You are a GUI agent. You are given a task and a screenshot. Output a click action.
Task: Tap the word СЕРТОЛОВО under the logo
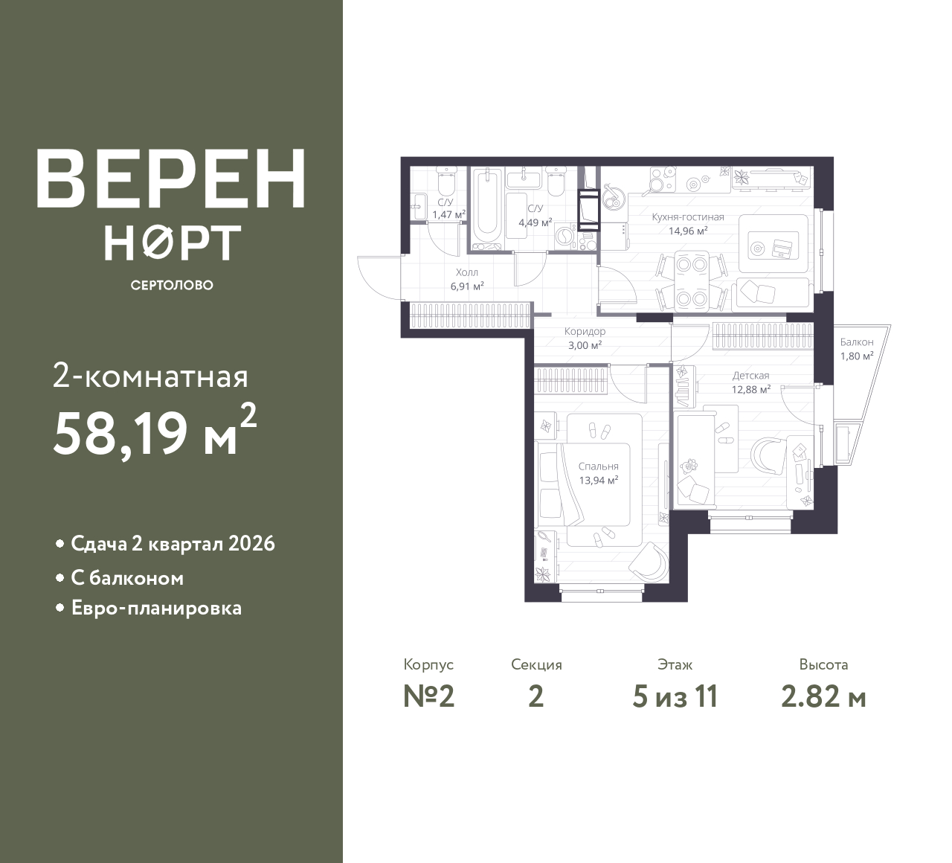(x=172, y=285)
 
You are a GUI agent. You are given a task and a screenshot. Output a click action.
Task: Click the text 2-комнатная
(x=150, y=377)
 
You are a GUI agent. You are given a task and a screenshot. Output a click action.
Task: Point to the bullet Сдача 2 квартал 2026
(x=173, y=544)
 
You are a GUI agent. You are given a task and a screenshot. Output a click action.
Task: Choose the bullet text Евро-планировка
(x=156, y=608)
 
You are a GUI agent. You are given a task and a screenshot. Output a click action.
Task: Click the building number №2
(x=428, y=696)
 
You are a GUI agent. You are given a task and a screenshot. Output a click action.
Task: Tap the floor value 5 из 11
(x=675, y=696)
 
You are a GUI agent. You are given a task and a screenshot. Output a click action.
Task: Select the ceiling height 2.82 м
(x=823, y=696)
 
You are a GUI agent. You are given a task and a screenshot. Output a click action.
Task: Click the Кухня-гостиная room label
(x=687, y=217)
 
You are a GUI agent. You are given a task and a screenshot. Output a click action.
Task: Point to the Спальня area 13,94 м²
(x=599, y=481)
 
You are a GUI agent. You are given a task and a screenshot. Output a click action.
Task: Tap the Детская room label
(x=750, y=376)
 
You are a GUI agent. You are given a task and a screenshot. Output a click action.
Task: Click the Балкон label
(x=857, y=342)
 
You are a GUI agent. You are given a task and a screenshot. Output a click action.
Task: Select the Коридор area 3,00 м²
(x=585, y=345)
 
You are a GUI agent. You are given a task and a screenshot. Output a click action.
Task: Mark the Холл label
(x=467, y=272)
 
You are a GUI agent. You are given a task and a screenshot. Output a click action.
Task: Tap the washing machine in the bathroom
(x=567, y=237)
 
